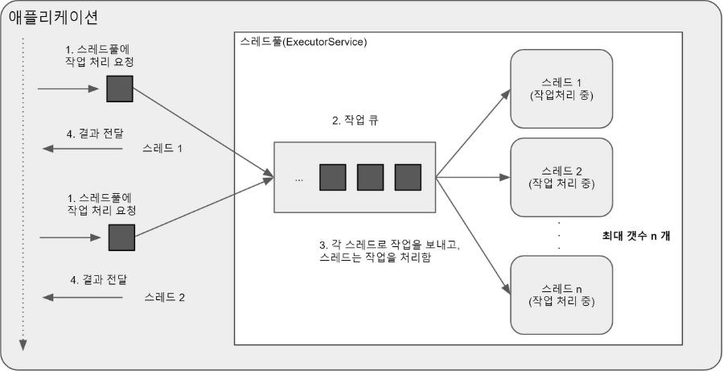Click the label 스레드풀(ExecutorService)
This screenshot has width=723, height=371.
coord(303,41)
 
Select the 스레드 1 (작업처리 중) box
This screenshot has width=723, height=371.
coord(562,89)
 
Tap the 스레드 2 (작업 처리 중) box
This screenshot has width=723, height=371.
coord(562,177)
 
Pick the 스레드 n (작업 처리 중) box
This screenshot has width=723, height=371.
coord(562,295)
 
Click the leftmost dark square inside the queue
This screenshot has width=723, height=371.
coord(332,177)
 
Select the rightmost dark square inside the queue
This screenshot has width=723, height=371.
coord(408,177)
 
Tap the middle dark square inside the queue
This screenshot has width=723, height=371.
coord(370,177)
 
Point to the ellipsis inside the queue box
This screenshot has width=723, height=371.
coord(299,179)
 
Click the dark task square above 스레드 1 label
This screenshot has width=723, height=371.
coord(121,89)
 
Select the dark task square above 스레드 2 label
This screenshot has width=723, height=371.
coord(121,237)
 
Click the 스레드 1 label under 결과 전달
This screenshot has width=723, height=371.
coord(162,149)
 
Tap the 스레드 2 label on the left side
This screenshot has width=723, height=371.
coord(164,297)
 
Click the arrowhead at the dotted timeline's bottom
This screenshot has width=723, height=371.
coord(23,345)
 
